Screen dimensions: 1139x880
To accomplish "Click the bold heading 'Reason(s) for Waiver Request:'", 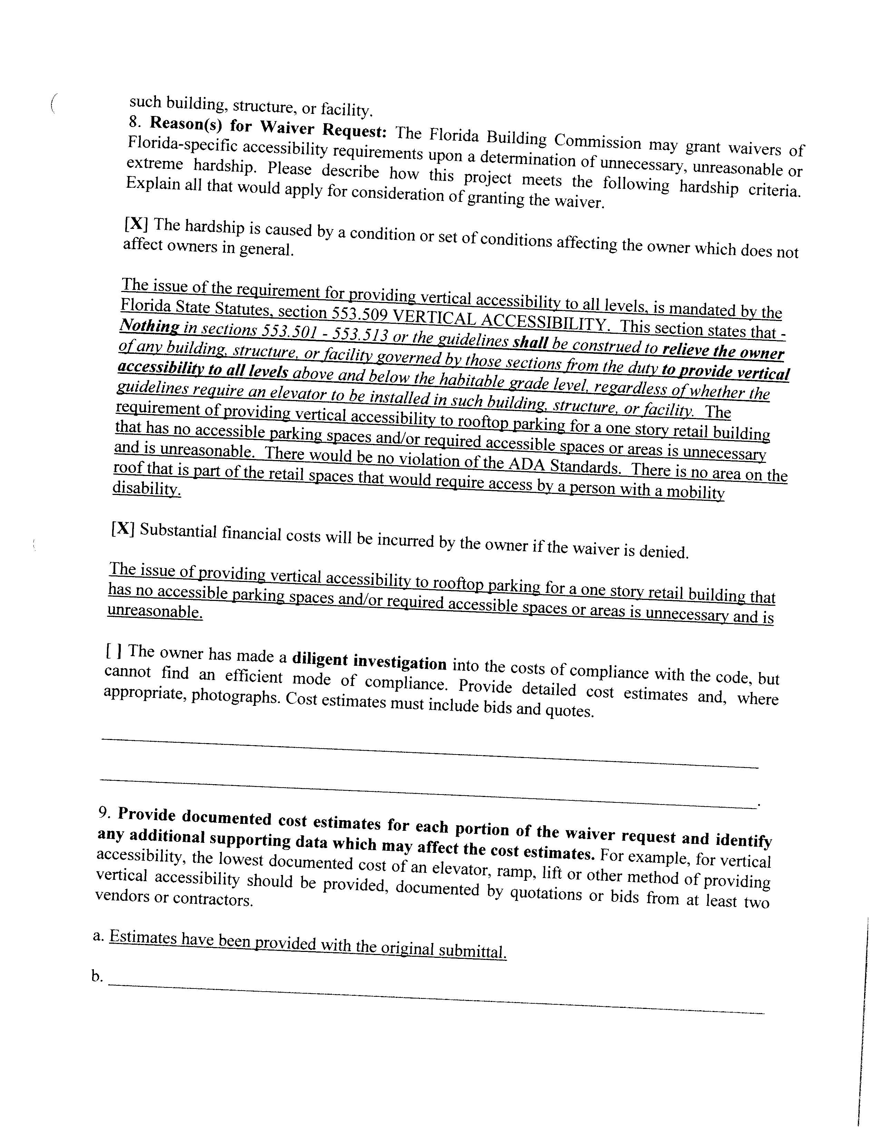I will [268, 127].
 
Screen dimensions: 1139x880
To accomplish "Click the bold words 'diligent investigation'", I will [369, 661].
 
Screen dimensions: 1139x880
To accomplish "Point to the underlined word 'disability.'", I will [147, 489].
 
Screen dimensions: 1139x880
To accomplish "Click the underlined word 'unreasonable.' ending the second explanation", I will [155, 611].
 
